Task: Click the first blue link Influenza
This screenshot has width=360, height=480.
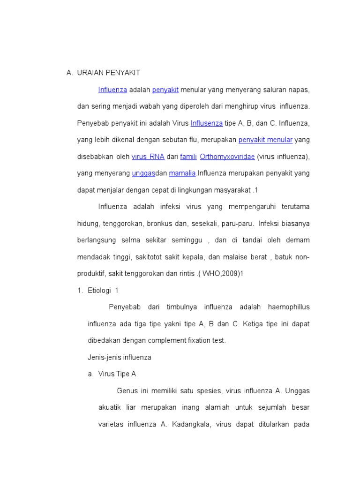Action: (x=112, y=90)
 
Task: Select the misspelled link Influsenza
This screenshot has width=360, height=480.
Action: (x=207, y=123)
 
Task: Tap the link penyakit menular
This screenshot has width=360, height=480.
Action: (x=265, y=140)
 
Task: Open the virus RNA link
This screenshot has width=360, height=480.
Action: (x=148, y=157)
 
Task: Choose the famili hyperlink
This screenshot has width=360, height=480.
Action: (x=188, y=157)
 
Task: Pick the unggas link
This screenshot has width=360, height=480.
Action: (x=143, y=173)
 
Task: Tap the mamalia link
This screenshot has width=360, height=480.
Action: (x=182, y=173)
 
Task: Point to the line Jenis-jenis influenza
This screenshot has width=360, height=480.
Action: (x=120, y=357)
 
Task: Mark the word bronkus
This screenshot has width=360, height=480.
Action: (x=160, y=224)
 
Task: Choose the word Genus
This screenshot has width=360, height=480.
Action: (x=126, y=391)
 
